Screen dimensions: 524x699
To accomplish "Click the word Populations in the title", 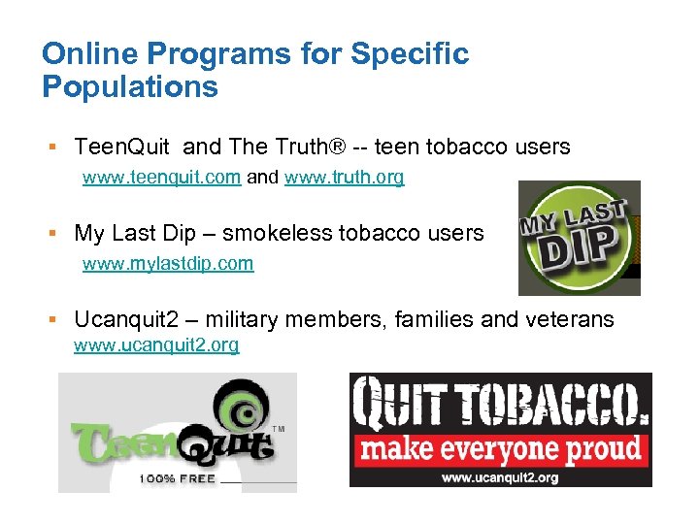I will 130,87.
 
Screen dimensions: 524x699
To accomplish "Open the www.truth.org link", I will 345,178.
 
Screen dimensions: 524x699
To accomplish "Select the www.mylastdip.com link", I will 168,263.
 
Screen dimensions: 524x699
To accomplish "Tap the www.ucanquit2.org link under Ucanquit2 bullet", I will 156,344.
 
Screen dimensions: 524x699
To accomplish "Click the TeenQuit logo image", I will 177,433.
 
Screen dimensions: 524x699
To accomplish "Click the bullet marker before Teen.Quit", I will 55,147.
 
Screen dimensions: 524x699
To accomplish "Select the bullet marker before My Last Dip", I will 55,233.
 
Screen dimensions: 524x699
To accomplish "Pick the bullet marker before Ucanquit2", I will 55,319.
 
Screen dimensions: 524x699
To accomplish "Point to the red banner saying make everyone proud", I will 499,449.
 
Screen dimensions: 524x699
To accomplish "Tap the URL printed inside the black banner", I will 500,476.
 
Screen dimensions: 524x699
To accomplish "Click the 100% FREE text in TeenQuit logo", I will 177,477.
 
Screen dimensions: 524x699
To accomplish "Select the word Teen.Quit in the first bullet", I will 122,147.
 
